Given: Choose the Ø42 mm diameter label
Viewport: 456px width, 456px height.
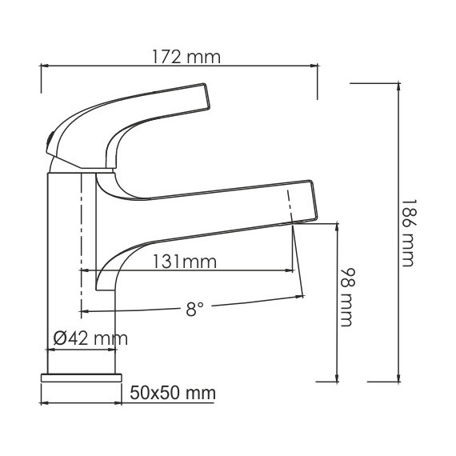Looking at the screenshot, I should point(90,338).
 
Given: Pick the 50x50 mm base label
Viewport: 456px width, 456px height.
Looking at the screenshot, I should point(174,393).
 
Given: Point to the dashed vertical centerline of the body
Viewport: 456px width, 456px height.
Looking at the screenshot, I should point(81,240).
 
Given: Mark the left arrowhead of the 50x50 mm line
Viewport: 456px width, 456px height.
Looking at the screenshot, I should point(43,402).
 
